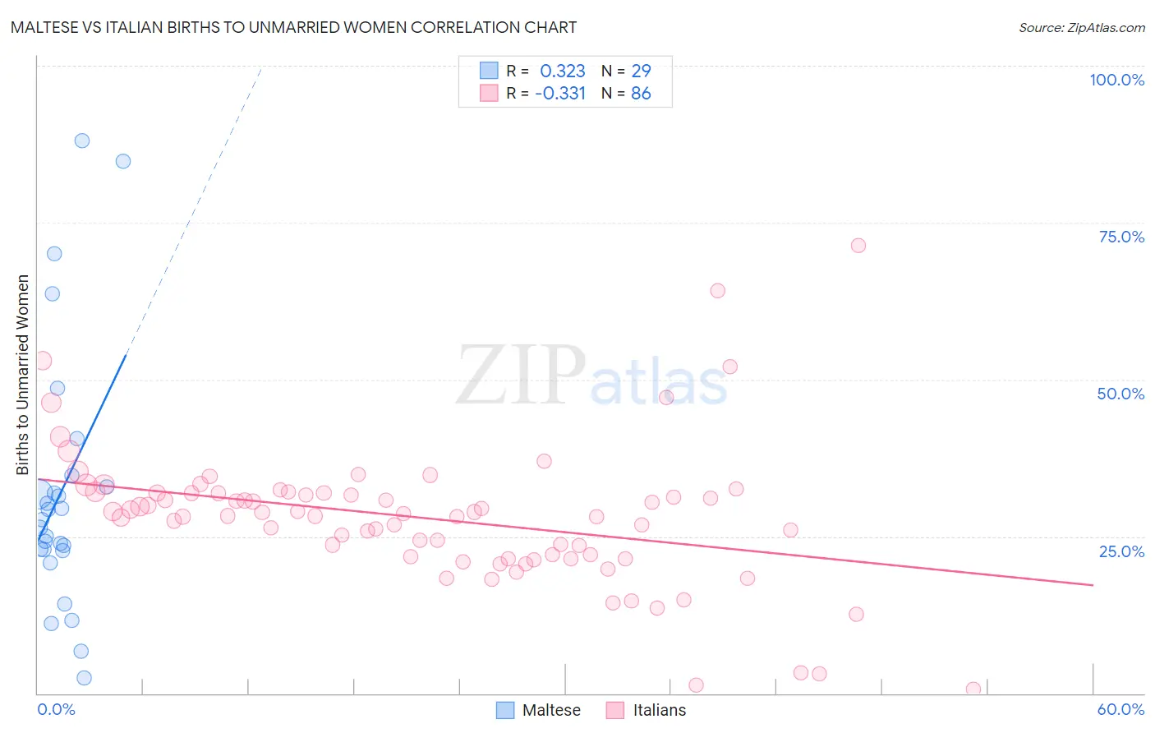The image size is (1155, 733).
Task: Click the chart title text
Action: [x=293, y=27]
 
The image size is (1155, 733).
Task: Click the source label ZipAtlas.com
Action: [x=1081, y=27]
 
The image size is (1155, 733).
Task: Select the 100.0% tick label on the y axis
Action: [x=1116, y=80]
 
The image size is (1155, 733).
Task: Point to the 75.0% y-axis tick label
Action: [x=1121, y=237]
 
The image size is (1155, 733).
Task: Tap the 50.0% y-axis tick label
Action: [x=1120, y=394]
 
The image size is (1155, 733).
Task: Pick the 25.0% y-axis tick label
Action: [x=1121, y=551]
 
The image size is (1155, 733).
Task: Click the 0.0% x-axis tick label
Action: [x=56, y=709]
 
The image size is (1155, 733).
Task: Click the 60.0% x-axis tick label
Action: [x=1120, y=709]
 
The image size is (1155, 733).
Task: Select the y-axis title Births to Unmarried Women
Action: [x=23, y=375]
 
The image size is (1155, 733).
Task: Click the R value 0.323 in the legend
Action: [x=562, y=71]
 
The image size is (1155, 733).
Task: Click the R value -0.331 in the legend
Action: [x=560, y=94]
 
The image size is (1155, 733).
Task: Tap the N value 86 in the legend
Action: [x=641, y=94]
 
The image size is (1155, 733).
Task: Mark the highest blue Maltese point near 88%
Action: [x=82, y=141]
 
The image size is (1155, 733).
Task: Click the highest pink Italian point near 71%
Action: [x=858, y=246]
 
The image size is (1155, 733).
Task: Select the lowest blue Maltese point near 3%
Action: [x=84, y=678]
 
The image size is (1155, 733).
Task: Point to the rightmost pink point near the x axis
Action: [x=973, y=689]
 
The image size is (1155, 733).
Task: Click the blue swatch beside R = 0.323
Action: [x=489, y=71]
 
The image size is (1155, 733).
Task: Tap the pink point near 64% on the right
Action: [x=717, y=291]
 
